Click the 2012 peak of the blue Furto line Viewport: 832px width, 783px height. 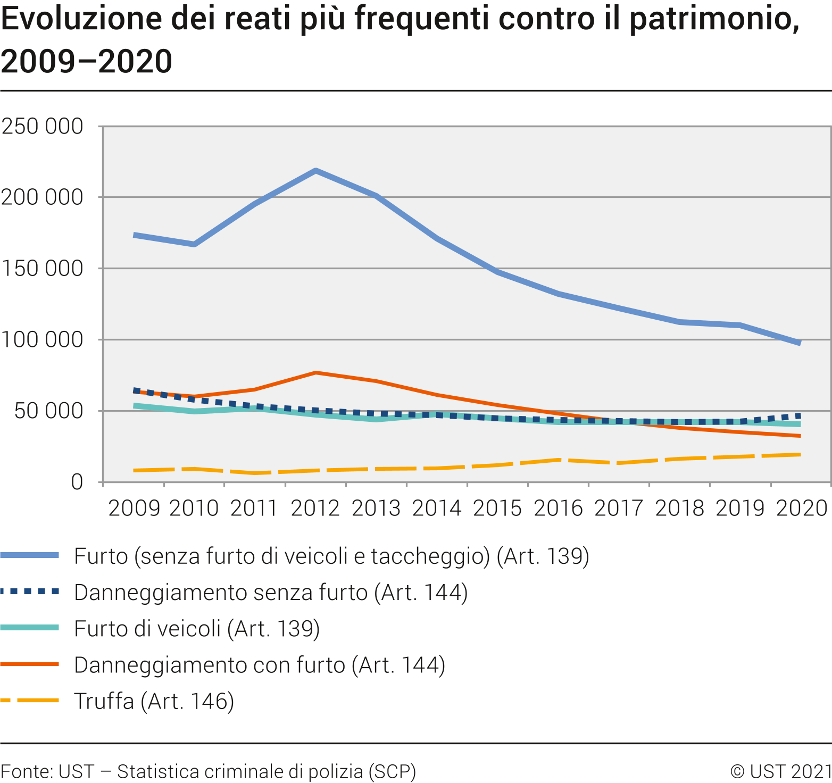[x=315, y=171]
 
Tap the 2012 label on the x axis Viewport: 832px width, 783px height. [x=315, y=508]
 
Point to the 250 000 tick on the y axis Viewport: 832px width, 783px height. [x=43, y=127]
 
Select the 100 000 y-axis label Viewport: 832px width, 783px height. [x=43, y=339]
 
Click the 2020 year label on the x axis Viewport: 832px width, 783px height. [x=802, y=508]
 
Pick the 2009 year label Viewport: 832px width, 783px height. [x=134, y=508]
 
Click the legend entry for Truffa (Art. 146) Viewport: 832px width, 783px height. [x=154, y=701]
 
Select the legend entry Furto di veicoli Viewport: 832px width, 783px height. [x=197, y=629]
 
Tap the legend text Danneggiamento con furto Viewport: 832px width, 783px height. [x=260, y=665]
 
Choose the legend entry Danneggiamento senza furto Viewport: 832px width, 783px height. [x=271, y=593]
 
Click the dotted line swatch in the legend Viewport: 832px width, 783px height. [x=30, y=592]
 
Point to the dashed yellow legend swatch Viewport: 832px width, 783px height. [x=30, y=701]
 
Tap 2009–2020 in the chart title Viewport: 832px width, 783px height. [x=87, y=61]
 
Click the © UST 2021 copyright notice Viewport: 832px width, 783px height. [x=780, y=771]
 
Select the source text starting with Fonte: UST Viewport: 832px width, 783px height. [x=208, y=771]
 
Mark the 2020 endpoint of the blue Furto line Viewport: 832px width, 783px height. [x=800, y=343]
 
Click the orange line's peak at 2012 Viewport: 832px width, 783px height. [x=315, y=373]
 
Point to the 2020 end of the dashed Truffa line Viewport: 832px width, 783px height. [x=800, y=454]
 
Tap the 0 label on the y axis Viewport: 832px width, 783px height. [x=77, y=482]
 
